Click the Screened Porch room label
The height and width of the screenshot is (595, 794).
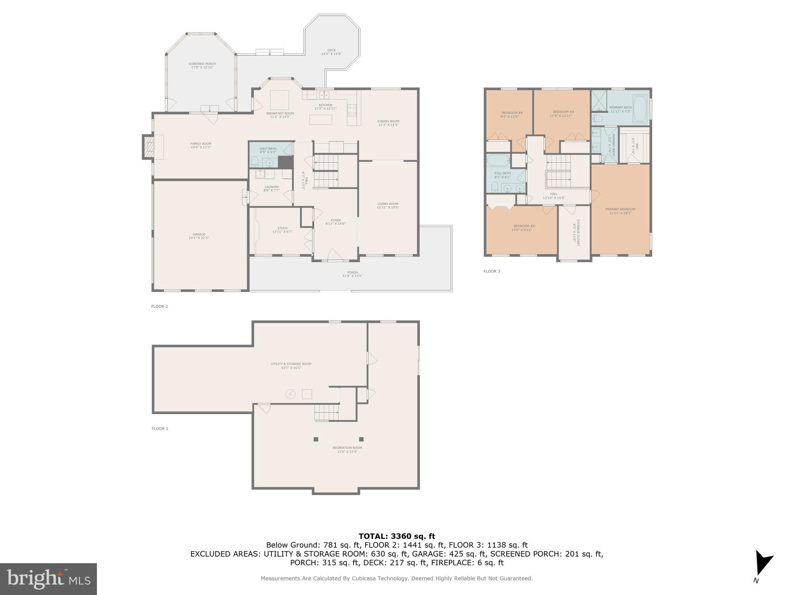[x=202, y=64]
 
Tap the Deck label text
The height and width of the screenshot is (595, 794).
[x=331, y=50]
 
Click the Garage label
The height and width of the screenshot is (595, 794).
[x=199, y=234]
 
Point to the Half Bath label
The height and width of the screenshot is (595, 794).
[x=268, y=149]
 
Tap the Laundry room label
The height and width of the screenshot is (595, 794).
[x=271, y=187]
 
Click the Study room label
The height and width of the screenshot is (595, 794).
[x=282, y=229]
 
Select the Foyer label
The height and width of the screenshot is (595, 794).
[x=335, y=220]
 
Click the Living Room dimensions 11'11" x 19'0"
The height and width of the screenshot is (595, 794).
[x=388, y=208]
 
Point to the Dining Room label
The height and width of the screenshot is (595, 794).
[x=388, y=121]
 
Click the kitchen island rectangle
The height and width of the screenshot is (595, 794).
[x=321, y=120]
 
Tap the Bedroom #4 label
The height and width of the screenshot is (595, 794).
[x=511, y=113]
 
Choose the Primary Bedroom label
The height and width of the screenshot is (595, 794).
[x=620, y=209]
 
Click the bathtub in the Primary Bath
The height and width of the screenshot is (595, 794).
[x=640, y=107]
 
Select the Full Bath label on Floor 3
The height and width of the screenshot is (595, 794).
[x=502, y=174]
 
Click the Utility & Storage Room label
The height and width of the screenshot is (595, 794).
[x=291, y=364]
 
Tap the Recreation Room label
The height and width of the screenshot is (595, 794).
[x=347, y=448]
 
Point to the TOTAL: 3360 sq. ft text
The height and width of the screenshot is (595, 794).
[x=397, y=537]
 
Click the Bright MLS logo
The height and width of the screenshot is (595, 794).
[x=48, y=579]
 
